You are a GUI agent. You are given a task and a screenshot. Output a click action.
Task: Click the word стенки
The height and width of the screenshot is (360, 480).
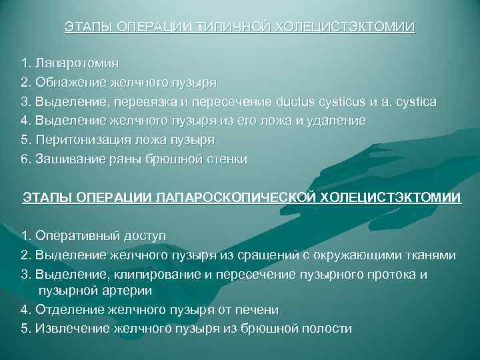click(227, 159)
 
